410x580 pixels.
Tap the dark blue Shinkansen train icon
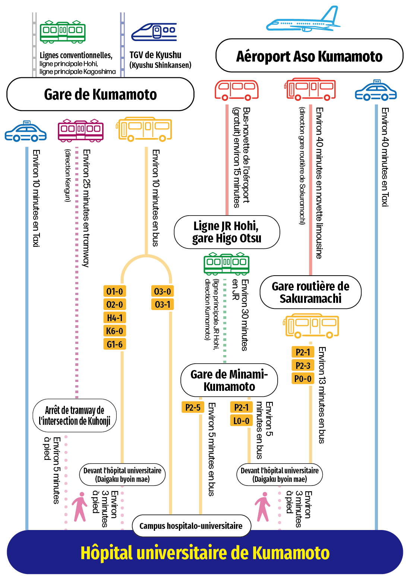pyautogui.click(x=154, y=32)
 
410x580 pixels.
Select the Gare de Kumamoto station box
pyautogui.click(x=100, y=94)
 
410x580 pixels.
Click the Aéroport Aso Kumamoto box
pyautogui.click(x=309, y=56)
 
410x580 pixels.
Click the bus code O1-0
pyautogui.click(x=114, y=291)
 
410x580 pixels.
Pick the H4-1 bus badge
pyautogui.click(x=114, y=318)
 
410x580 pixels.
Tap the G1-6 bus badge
pyautogui.click(x=114, y=344)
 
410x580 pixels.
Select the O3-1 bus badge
pyautogui.click(x=163, y=304)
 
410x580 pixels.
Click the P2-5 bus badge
pyautogui.click(x=193, y=407)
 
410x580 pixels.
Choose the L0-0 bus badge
pyautogui.click(x=242, y=421)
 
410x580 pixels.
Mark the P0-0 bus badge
pyautogui.click(x=303, y=379)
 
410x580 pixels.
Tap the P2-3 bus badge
pyautogui.click(x=303, y=366)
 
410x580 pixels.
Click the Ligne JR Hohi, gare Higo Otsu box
pyautogui.click(x=227, y=232)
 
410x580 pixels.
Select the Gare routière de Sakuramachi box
pyautogui.click(x=310, y=292)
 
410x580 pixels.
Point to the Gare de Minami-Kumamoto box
pyautogui.click(x=229, y=380)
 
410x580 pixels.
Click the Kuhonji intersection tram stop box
pyautogui.click(x=75, y=416)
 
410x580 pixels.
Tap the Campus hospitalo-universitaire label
pyautogui.click(x=192, y=526)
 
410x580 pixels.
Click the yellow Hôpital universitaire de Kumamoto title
pyautogui.click(x=205, y=553)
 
